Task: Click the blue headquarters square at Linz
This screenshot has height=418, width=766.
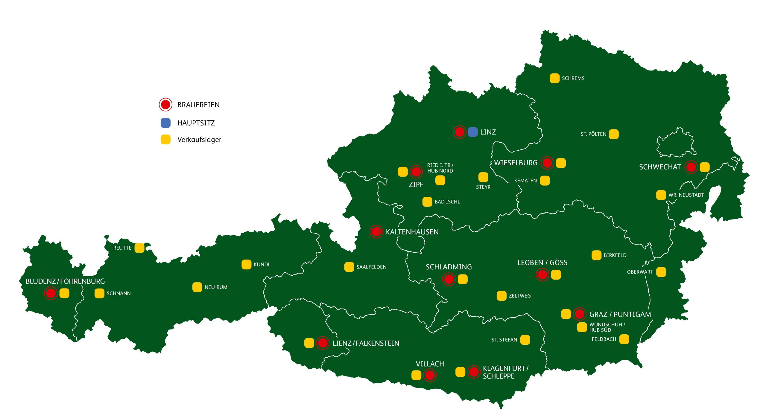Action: click(x=472, y=132)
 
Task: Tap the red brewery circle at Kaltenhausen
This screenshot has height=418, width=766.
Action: click(x=376, y=231)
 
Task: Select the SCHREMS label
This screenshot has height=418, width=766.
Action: click(x=573, y=78)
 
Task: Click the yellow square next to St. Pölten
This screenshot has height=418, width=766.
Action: click(x=613, y=134)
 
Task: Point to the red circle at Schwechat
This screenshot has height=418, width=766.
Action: click(x=691, y=167)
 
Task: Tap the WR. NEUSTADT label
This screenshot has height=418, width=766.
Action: click(x=686, y=195)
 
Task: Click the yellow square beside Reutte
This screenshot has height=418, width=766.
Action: click(x=139, y=248)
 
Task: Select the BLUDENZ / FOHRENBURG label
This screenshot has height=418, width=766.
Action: click(x=65, y=281)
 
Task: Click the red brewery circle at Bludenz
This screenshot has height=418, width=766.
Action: click(x=51, y=293)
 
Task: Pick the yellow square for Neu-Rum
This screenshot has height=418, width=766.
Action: click(x=197, y=287)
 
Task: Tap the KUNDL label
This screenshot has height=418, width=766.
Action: click(x=262, y=265)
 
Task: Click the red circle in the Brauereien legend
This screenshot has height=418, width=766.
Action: click(x=165, y=105)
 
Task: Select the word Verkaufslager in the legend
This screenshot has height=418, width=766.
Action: click(x=199, y=140)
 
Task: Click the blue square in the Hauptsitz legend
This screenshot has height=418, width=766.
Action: click(x=165, y=123)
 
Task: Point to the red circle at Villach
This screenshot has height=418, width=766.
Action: click(x=430, y=375)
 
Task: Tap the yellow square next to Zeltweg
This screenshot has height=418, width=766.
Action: click(x=501, y=296)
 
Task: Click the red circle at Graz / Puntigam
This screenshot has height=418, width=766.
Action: click(x=579, y=314)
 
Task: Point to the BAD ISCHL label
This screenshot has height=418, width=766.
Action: click(x=447, y=202)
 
